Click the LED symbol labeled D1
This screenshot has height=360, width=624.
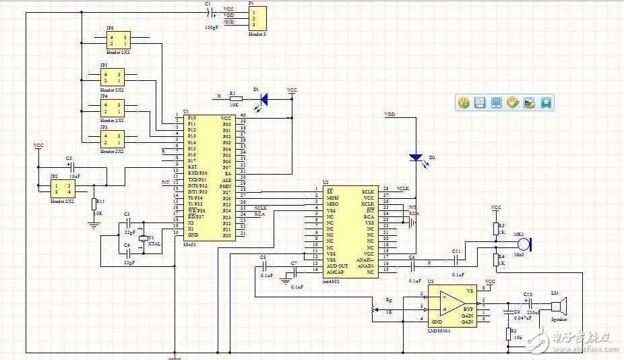pyautogui.click(x=263, y=99)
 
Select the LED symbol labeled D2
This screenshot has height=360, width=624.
pyautogui.click(x=416, y=158)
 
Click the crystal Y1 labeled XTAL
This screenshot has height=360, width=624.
pyautogui.click(x=142, y=239)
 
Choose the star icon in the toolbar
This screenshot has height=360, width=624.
pyautogui.click(x=546, y=102)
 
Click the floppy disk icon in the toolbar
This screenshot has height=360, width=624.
pyautogui.click(x=480, y=102)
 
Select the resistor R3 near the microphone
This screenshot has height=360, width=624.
pyautogui.click(x=496, y=227)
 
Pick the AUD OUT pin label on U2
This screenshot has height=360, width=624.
pyautogui.click(x=337, y=266)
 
